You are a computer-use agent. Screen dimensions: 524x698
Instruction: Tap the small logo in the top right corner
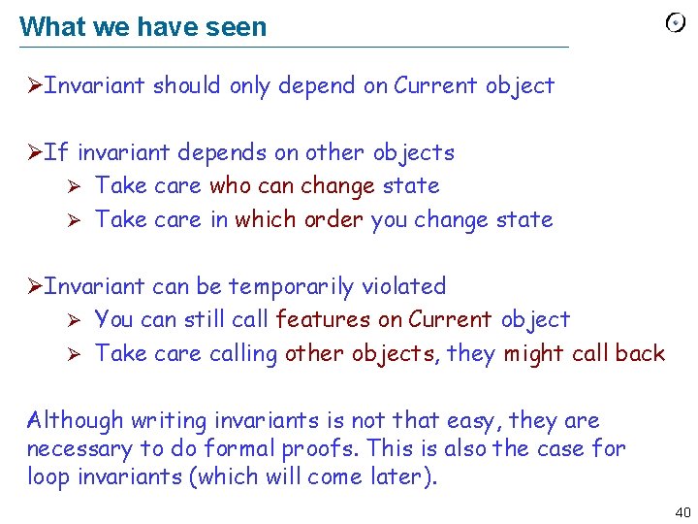(x=676, y=23)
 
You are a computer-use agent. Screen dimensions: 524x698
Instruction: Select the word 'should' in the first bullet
(x=188, y=85)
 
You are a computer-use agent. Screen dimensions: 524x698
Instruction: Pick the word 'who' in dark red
(x=229, y=185)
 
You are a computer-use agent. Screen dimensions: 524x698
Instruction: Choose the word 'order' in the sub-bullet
(x=333, y=219)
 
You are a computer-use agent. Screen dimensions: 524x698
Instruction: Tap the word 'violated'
(x=403, y=286)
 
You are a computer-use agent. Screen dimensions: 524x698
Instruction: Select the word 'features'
(x=323, y=319)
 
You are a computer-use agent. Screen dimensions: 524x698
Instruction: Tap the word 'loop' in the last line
(x=47, y=476)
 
